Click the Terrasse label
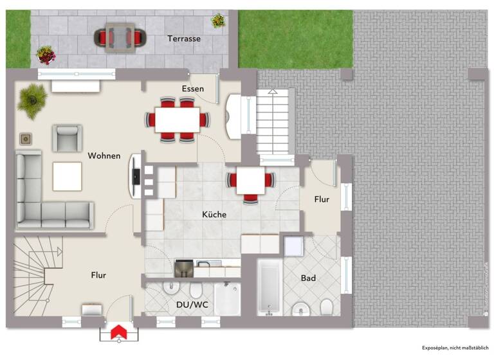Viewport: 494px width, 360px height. pyautogui.click(x=184, y=39)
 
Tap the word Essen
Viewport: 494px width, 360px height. pyautogui.click(x=193, y=89)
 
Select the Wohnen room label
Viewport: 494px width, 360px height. pyautogui.click(x=104, y=156)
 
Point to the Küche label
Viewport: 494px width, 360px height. pyautogui.click(x=214, y=215)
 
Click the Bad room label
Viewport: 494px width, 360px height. pyautogui.click(x=308, y=278)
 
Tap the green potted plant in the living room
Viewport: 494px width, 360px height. pyautogui.click(x=32, y=99)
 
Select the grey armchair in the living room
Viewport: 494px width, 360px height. pyautogui.click(x=67, y=138)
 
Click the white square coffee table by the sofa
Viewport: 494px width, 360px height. pyautogui.click(x=67, y=176)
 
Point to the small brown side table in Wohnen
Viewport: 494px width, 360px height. pyautogui.click(x=26, y=138)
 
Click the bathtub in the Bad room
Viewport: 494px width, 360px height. pyautogui.click(x=269, y=287)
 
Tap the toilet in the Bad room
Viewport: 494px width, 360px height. pyautogui.click(x=326, y=307)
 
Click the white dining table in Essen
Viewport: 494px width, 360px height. pyautogui.click(x=177, y=119)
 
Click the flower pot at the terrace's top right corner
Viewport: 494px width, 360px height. pyautogui.click(x=219, y=21)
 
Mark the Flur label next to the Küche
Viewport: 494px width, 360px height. pyautogui.click(x=322, y=200)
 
